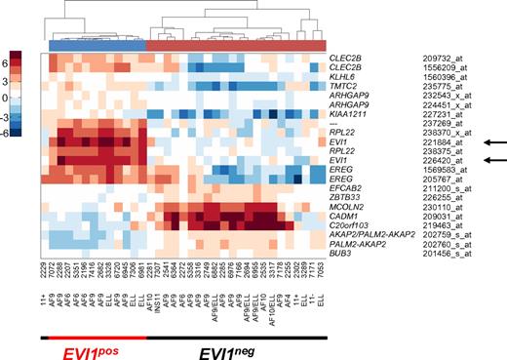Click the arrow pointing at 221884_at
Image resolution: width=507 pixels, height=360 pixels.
(487, 141)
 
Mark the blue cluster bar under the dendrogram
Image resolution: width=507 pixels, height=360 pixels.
(97, 44)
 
